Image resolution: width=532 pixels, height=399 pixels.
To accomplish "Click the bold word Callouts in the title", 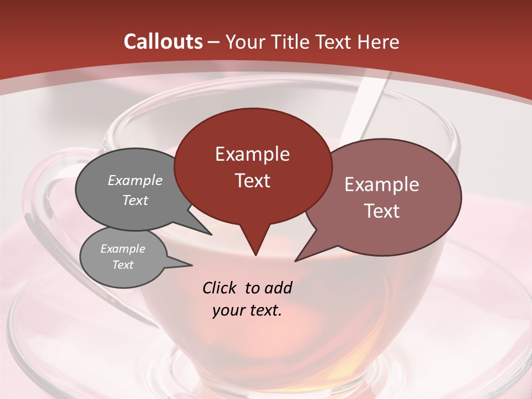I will click(x=163, y=42).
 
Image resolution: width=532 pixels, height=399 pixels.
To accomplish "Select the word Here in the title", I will click(x=379, y=42).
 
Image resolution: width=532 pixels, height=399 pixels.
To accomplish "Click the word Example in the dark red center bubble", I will click(x=252, y=154).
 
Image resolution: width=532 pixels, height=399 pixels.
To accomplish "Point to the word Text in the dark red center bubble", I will click(x=252, y=181).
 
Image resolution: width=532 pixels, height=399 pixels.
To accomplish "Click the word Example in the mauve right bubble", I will click(x=382, y=185).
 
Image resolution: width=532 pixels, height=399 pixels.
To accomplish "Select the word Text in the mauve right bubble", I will click(x=382, y=211).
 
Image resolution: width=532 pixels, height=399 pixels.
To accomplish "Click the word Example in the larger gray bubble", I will click(x=135, y=181).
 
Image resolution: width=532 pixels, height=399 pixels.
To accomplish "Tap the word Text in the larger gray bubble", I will click(x=135, y=200).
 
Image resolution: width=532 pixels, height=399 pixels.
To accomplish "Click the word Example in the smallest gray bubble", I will click(x=123, y=249).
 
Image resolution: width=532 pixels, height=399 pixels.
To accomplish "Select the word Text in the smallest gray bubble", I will click(x=123, y=265).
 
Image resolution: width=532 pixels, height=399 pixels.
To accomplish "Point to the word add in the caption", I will click(x=278, y=288).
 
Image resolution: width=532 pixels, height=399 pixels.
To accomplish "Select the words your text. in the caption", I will click(x=247, y=310).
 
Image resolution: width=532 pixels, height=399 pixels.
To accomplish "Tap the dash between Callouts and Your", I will click(x=214, y=42).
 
